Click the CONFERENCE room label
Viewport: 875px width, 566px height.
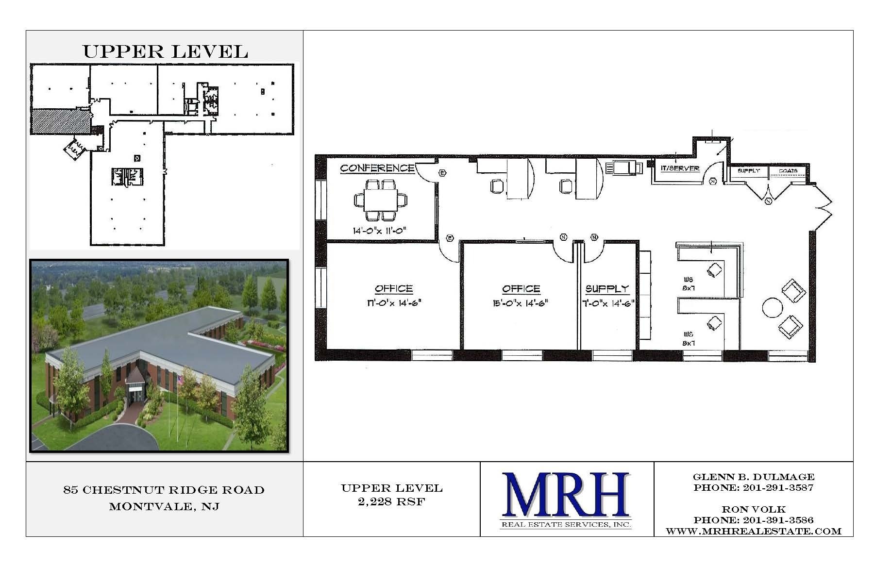(x=377, y=168)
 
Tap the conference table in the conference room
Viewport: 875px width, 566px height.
(x=381, y=200)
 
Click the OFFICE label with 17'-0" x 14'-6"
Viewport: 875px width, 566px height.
(x=393, y=289)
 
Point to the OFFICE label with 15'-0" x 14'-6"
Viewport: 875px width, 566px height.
(x=521, y=289)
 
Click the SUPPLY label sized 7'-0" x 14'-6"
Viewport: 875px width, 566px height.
(x=607, y=289)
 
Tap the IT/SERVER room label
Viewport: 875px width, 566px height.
(x=680, y=168)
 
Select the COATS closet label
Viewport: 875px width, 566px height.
(x=788, y=171)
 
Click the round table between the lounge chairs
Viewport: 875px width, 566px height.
(x=772, y=307)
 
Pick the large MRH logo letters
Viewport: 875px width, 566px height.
(x=566, y=495)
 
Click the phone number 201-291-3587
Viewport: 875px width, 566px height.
(x=777, y=488)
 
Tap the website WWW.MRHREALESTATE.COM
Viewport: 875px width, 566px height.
(x=754, y=531)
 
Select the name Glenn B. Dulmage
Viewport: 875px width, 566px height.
(x=754, y=477)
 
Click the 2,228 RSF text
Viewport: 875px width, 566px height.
(x=391, y=502)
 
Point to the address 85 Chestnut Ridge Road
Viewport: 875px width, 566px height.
(x=164, y=490)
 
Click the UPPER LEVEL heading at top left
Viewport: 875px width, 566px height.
(x=165, y=51)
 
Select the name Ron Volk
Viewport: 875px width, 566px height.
(x=754, y=509)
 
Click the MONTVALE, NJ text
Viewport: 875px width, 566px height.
(x=164, y=507)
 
